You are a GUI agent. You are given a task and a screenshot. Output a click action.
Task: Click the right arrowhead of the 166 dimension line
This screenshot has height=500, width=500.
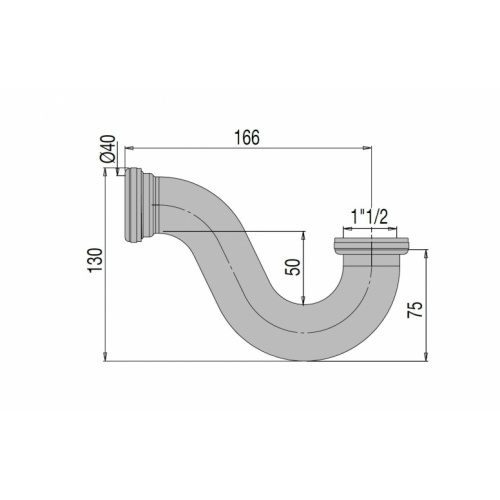pos(368,150)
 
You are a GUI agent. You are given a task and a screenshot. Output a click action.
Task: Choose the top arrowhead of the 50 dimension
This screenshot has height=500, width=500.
pos(302,231)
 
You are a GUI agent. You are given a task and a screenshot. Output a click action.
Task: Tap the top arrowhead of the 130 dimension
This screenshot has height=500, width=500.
pos(107,172)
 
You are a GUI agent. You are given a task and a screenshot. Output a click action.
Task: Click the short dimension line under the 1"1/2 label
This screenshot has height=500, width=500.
pos(372,228)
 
